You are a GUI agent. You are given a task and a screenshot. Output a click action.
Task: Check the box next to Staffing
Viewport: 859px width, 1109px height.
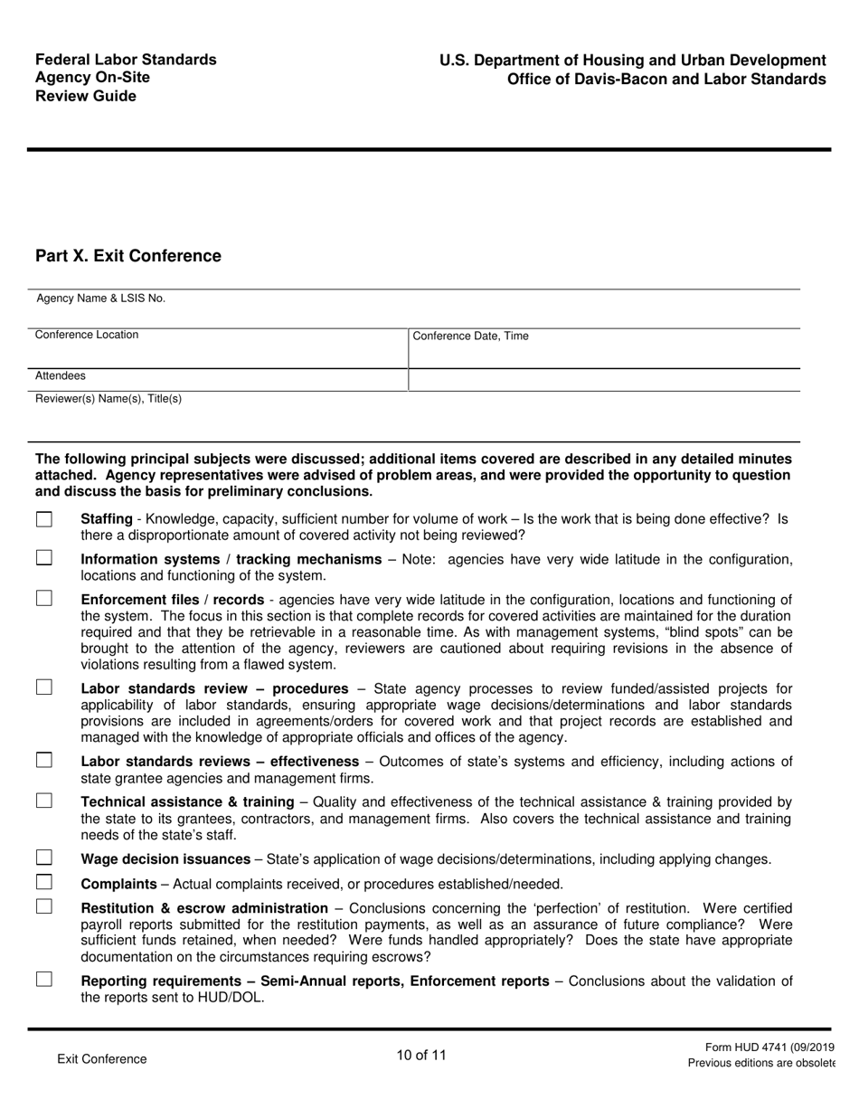44,519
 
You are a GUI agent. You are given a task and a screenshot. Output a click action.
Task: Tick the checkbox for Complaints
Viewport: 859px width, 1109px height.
44,883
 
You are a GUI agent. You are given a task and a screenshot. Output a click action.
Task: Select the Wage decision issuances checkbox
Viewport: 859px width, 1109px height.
44,858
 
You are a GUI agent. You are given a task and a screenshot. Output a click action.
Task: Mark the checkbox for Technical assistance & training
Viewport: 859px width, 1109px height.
44,801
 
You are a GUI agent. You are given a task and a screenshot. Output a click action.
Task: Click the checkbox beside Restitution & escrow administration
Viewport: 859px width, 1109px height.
44,907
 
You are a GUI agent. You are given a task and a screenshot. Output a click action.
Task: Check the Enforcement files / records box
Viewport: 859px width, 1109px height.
44,599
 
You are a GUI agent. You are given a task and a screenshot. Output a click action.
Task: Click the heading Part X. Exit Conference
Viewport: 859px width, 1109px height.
127,256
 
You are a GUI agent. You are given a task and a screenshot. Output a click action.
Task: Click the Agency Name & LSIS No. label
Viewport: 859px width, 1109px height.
100,299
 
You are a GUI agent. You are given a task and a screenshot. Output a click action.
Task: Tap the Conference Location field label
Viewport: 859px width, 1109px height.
87,335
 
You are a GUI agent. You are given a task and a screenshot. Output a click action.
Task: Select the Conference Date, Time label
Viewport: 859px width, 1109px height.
470,336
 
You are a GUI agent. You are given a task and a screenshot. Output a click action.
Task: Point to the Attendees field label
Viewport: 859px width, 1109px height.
61,375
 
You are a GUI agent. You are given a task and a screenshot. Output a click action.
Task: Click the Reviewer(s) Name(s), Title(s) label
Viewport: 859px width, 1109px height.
108,398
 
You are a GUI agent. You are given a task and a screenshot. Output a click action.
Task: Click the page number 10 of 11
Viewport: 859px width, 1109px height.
421,1055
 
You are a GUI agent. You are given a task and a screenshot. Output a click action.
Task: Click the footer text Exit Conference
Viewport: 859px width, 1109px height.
101,1058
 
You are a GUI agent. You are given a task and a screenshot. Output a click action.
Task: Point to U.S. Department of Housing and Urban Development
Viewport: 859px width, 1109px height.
632,61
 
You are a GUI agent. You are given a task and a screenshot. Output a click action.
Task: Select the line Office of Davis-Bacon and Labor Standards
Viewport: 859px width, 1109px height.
665,79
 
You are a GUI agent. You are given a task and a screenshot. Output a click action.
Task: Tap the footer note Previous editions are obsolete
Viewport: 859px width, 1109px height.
760,1063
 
